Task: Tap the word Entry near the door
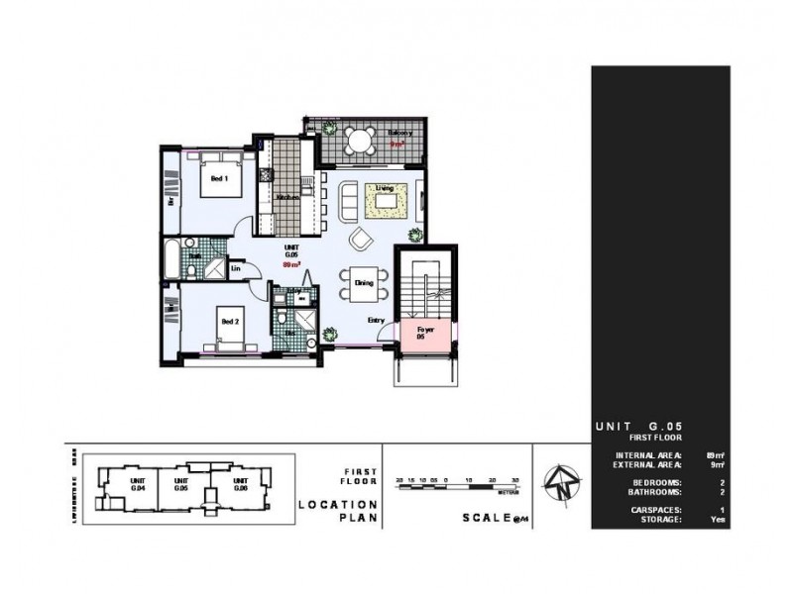[x=377, y=320]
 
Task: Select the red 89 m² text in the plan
[x=292, y=265]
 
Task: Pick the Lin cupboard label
[x=237, y=267]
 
